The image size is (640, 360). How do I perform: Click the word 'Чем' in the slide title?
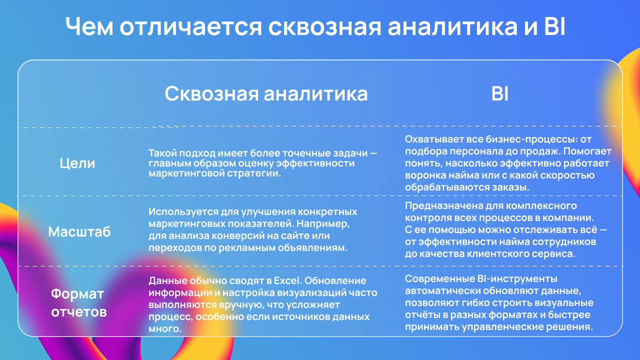click(x=89, y=26)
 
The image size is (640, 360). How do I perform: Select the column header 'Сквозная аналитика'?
click(x=266, y=93)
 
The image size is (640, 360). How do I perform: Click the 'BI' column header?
click(x=499, y=93)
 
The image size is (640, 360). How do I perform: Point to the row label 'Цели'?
click(x=77, y=163)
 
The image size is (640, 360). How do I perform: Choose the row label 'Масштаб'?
click(x=79, y=231)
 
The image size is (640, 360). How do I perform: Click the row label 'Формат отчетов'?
click(x=78, y=302)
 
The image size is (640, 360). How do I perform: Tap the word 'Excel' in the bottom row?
click(x=287, y=280)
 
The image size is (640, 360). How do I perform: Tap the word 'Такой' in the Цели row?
click(x=162, y=153)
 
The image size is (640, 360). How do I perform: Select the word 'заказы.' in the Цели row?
click(x=510, y=187)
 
